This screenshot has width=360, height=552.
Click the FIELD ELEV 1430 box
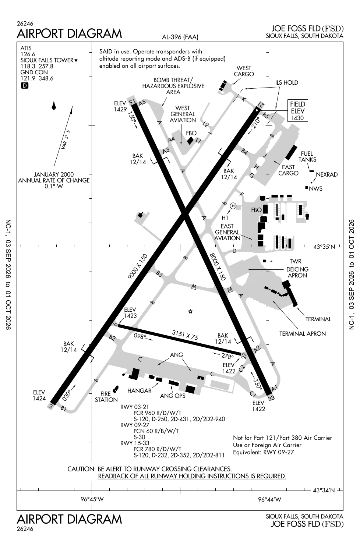point(298,111)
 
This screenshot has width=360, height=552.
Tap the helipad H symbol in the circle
point(233,206)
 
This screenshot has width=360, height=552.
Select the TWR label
point(295,261)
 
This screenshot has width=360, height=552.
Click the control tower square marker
point(265,261)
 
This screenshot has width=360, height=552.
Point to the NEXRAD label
point(327,174)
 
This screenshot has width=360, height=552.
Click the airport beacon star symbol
point(190,311)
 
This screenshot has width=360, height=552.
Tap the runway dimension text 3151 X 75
point(185,335)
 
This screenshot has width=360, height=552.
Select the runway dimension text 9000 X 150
point(137,266)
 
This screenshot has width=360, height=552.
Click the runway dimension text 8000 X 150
point(218,267)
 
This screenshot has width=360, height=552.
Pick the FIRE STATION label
point(106,396)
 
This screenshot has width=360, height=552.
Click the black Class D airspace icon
point(25,85)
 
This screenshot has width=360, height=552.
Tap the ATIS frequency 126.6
point(28,54)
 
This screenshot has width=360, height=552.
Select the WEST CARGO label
point(244,71)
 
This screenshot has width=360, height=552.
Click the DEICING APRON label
point(297,272)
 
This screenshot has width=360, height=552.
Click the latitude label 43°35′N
point(324,247)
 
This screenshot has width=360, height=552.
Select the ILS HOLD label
point(286,82)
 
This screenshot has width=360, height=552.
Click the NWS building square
point(307,188)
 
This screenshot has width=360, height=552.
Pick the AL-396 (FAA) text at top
point(180,37)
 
